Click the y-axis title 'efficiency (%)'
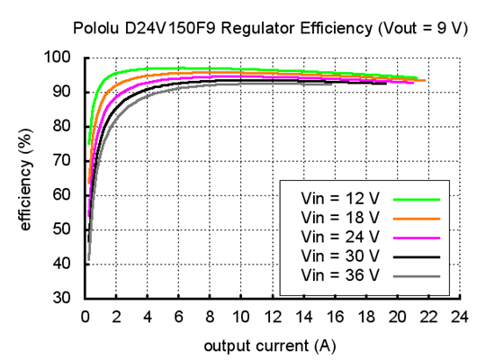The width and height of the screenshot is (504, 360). pos(26,178)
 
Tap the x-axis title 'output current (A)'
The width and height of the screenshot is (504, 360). pos(270,346)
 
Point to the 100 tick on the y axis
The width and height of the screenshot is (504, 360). pos(63,58)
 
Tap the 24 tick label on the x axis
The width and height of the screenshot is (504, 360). pos(460,316)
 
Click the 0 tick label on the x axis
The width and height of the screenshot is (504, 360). pos(85,316)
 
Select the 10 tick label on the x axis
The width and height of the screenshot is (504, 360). pos(240,316)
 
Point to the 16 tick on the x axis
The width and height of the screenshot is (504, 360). pos(335,316)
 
